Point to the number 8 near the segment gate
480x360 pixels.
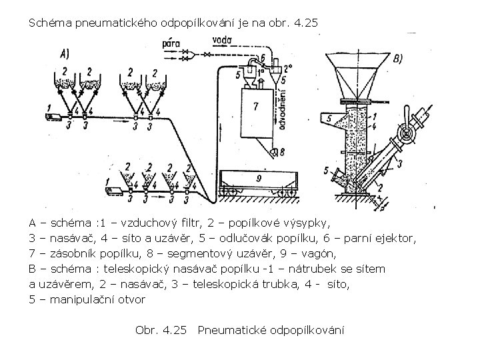coord(283,151)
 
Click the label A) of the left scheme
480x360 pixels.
coord(65,54)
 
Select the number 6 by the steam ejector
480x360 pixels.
coord(264,58)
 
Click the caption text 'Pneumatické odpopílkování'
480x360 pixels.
coord(271,330)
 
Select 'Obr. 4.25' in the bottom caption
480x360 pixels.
coord(162,330)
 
